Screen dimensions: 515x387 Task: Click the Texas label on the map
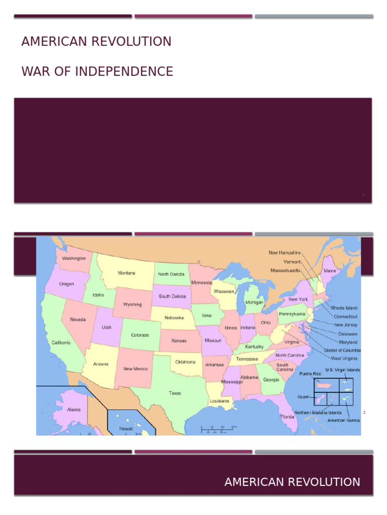(x=175, y=393)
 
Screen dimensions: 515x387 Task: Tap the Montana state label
(x=126, y=273)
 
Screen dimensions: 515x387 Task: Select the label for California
(x=61, y=342)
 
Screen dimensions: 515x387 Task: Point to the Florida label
(x=288, y=416)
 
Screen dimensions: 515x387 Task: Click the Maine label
(x=330, y=271)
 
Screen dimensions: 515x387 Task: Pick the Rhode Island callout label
(x=344, y=308)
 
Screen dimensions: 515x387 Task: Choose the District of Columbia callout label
(x=342, y=350)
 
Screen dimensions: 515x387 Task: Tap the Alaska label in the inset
(x=74, y=409)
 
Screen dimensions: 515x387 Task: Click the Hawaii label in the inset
(x=125, y=428)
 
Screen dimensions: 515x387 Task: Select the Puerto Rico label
(x=310, y=374)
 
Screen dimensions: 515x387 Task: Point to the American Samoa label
(x=344, y=420)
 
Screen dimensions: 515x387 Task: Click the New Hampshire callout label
(x=284, y=252)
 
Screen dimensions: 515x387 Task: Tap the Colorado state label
(x=140, y=335)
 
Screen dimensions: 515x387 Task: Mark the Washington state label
(x=74, y=258)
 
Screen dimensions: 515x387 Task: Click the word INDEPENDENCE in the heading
(x=124, y=72)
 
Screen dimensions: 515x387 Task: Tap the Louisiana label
(x=220, y=401)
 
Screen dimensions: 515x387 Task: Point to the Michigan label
(x=254, y=303)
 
